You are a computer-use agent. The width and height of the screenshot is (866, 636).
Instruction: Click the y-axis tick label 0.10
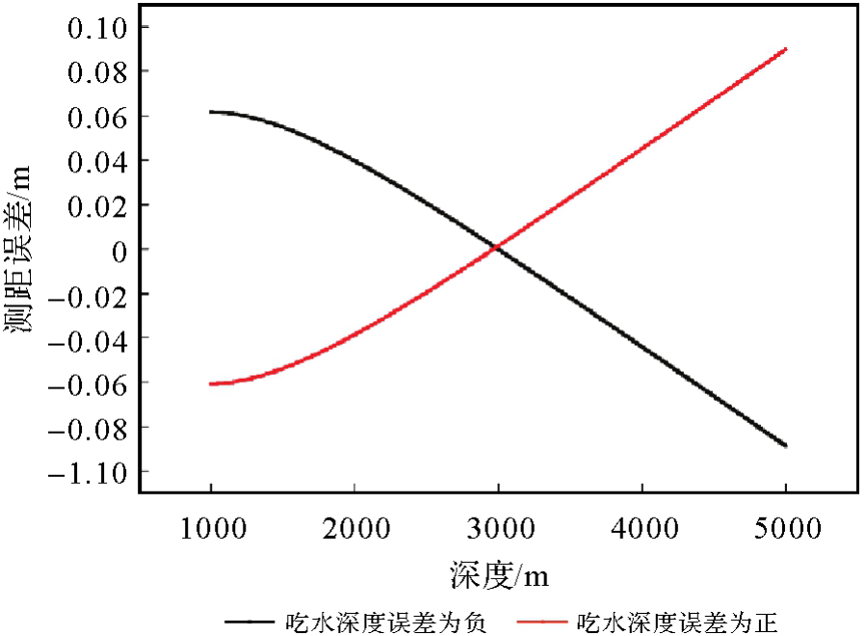click(96, 27)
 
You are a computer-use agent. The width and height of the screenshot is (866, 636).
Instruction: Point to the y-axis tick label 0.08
click(96, 71)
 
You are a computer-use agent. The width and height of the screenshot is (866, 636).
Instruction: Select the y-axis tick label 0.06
click(96, 116)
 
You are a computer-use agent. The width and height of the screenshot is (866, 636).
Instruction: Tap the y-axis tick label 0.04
click(96, 160)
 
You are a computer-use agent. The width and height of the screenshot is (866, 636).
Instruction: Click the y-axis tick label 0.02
click(96, 204)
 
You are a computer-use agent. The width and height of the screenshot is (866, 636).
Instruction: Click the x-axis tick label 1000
click(211, 529)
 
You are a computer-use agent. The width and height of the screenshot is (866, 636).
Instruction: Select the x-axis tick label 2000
click(354, 529)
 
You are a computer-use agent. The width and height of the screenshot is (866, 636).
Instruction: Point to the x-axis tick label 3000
click(498, 529)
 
